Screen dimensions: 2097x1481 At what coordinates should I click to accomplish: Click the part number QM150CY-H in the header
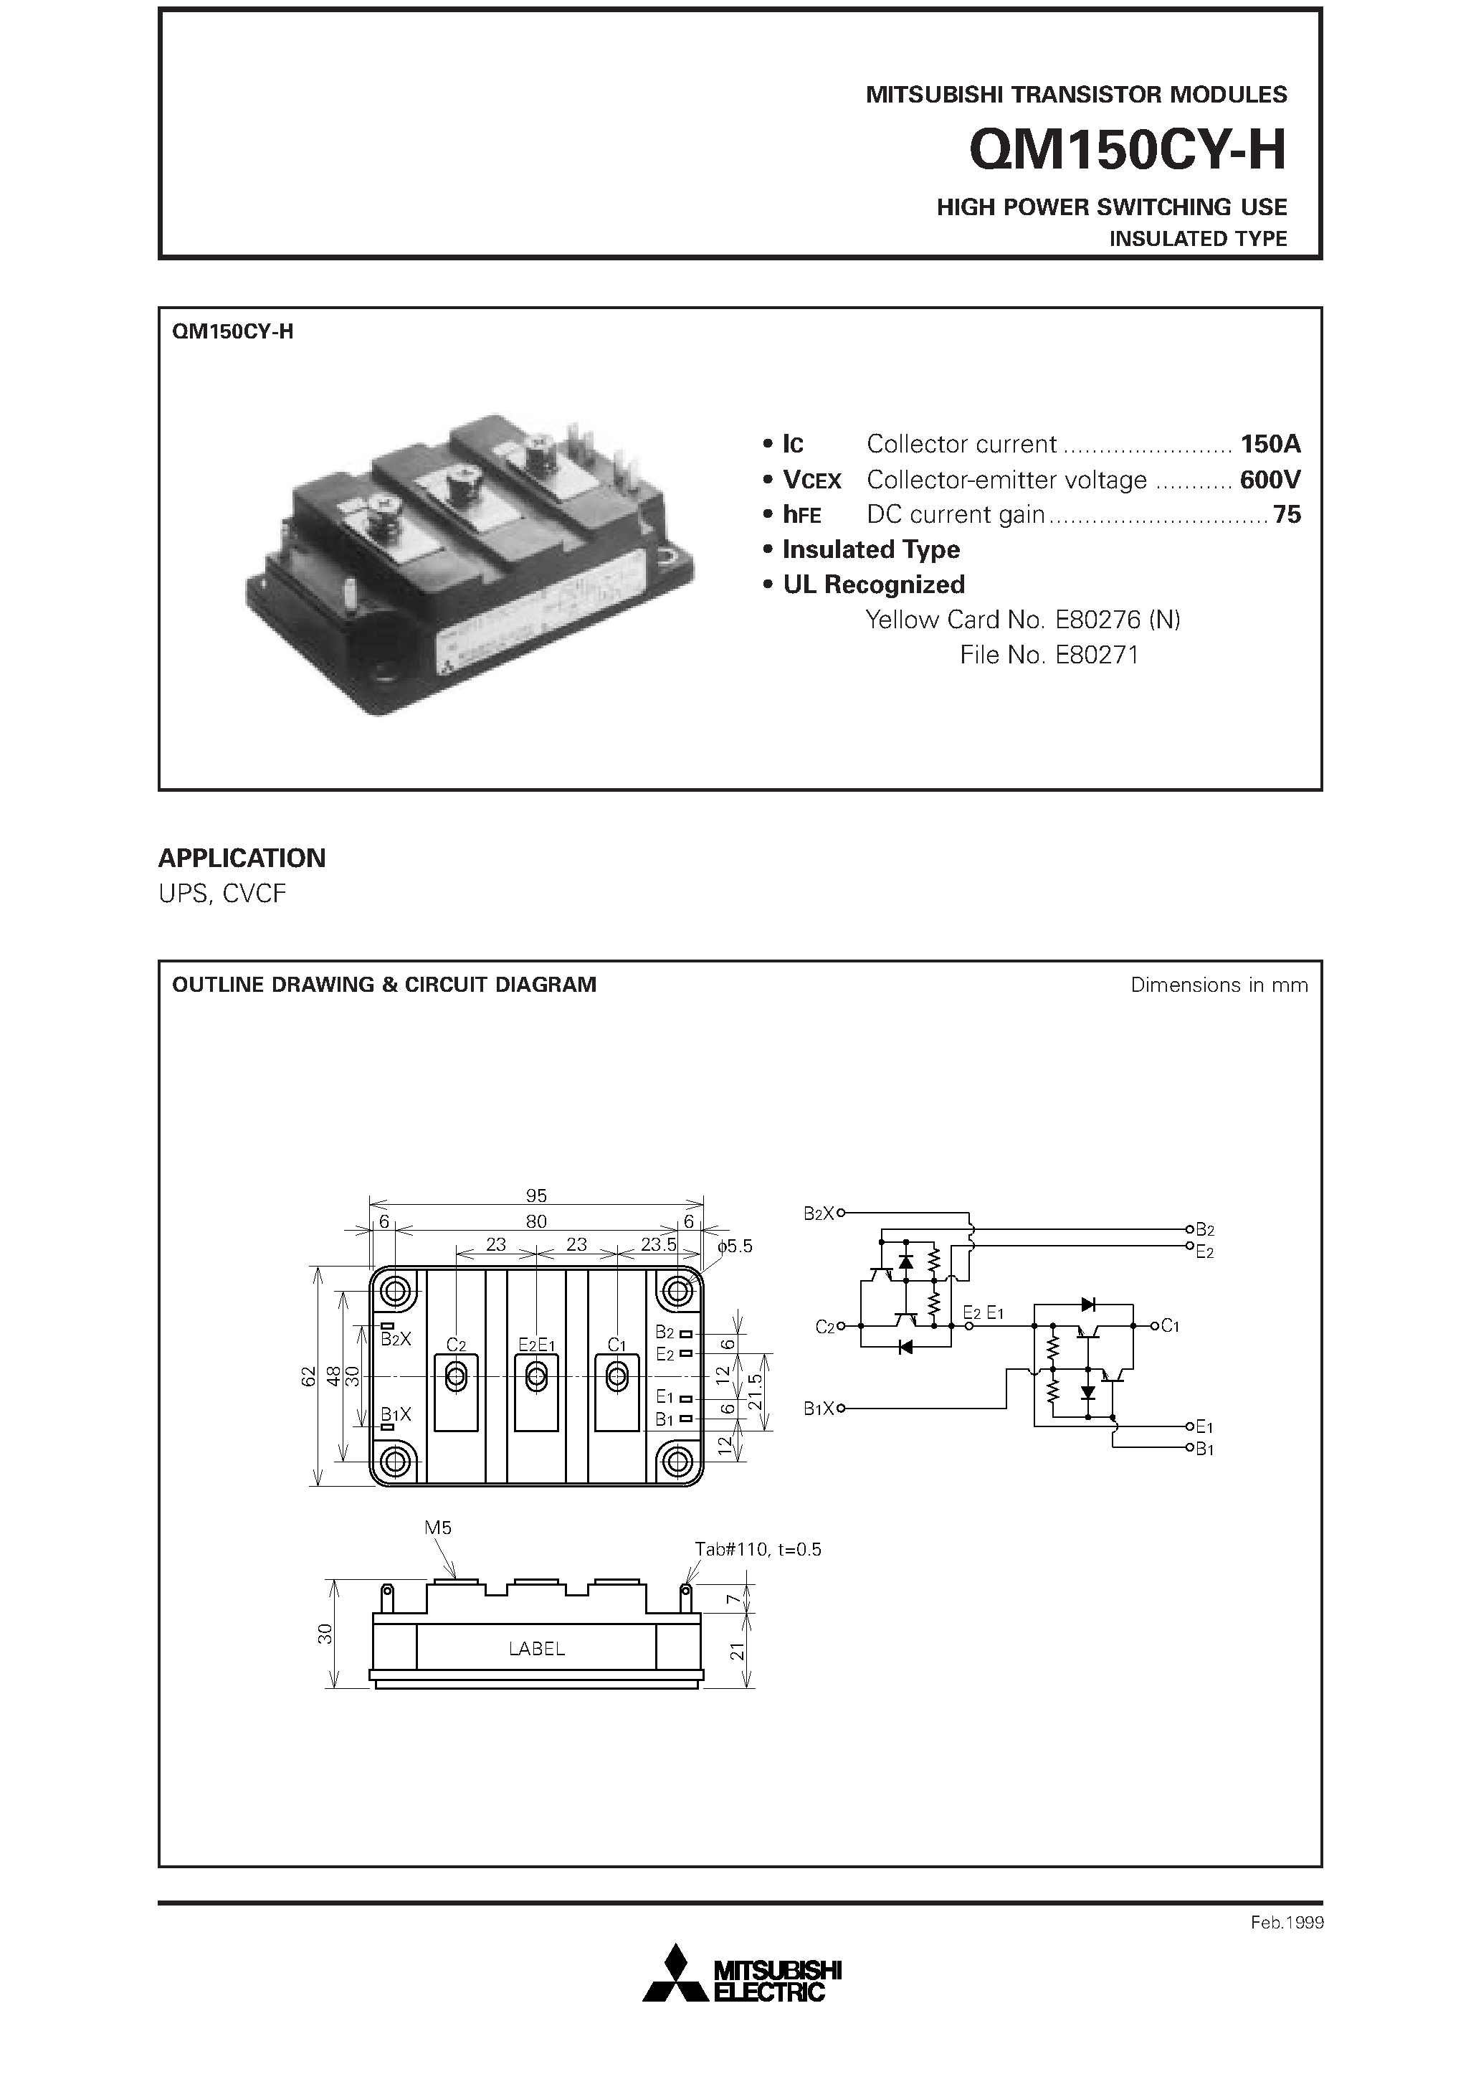coord(1127,151)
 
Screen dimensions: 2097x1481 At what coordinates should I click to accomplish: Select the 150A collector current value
coord(1269,444)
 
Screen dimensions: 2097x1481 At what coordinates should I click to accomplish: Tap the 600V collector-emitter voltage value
coord(1269,480)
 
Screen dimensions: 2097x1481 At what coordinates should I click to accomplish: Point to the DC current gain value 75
coord(1287,514)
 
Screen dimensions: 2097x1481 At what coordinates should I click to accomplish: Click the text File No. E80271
coord(1049,655)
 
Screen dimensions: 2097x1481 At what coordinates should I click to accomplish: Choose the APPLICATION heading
coord(242,858)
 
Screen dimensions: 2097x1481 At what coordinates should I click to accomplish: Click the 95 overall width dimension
coord(536,1196)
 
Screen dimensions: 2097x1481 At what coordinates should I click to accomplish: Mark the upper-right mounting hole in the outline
coord(677,1292)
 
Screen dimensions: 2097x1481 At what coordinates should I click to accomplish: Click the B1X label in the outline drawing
coord(396,1415)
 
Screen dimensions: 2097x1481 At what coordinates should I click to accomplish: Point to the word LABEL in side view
coord(537,1649)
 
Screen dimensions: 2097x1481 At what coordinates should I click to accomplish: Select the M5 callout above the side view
coord(438,1527)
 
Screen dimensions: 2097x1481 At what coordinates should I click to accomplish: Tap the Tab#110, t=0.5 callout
coord(758,1549)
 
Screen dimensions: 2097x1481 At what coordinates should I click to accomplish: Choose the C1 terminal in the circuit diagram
coord(1170,1325)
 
